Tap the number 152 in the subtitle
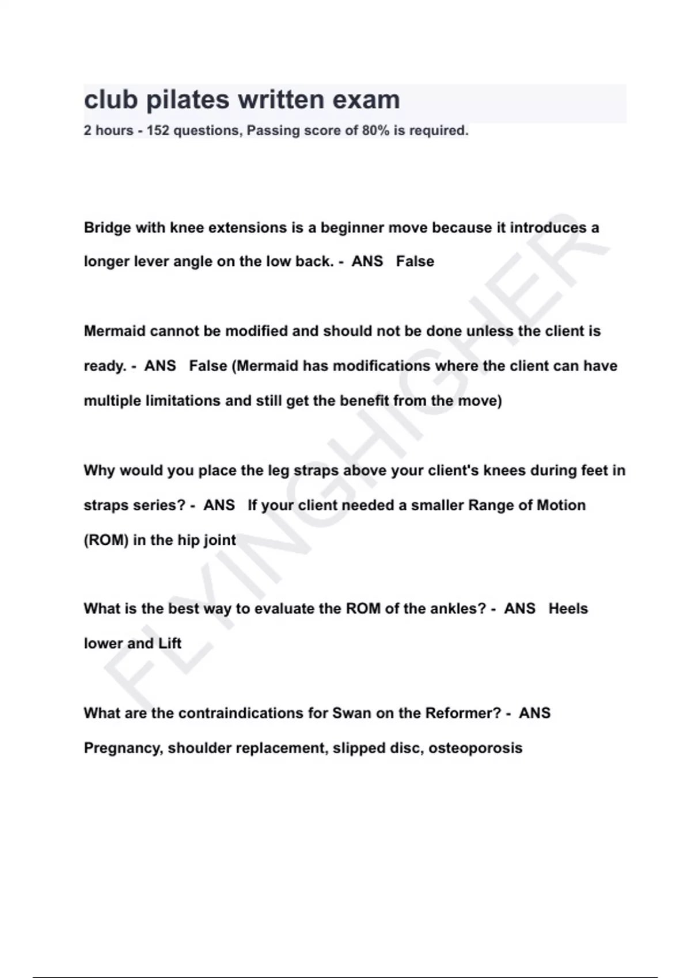click(158, 131)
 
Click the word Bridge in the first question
click(107, 228)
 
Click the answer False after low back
click(415, 262)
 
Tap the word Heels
click(568, 609)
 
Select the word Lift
click(170, 643)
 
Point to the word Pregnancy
click(123, 748)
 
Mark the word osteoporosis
click(475, 748)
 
